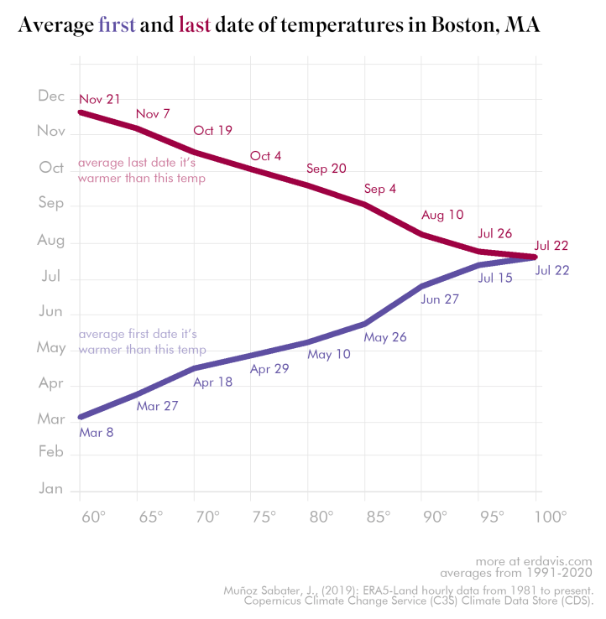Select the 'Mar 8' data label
tap(96, 433)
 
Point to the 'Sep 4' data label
tap(380, 189)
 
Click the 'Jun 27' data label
tap(440, 299)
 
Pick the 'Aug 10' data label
tap(442, 215)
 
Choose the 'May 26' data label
tap(385, 337)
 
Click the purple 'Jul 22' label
tap(551, 270)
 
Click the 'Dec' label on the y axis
tap(51, 96)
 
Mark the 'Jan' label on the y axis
tap(51, 488)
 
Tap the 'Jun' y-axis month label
tap(51, 311)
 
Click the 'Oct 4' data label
tap(266, 156)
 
